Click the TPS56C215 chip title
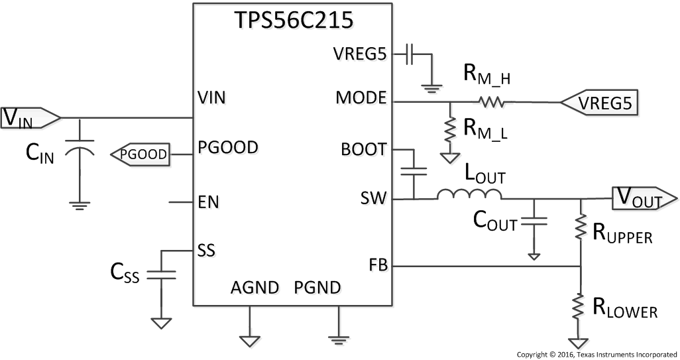pyautogui.click(x=292, y=21)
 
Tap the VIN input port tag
pyautogui.click(x=30, y=117)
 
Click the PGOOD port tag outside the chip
pyautogui.click(x=140, y=154)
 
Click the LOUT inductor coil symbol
pyautogui.click(x=469, y=194)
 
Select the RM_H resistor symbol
pyautogui.click(x=490, y=102)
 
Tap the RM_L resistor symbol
pyautogui.click(x=451, y=129)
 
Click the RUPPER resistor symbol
pyautogui.click(x=580, y=227)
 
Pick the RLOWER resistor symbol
pyautogui.click(x=580, y=306)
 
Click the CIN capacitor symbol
pyautogui.click(x=80, y=149)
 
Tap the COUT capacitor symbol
pyautogui.click(x=534, y=221)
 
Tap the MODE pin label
pyautogui.click(x=361, y=99)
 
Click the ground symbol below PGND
pyautogui.click(x=339, y=337)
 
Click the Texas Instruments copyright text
pyautogui.click(x=596, y=354)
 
